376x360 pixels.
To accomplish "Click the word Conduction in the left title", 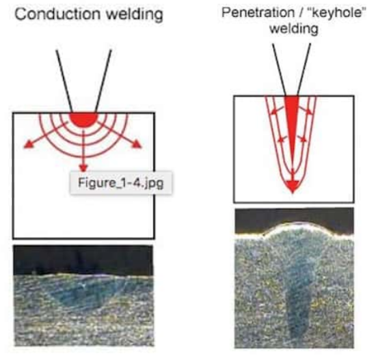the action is tap(57, 14).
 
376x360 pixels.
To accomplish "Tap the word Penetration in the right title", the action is tap(258, 12).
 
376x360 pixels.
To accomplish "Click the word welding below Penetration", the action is tap(294, 29).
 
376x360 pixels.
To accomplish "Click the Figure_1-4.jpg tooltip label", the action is tap(121, 183).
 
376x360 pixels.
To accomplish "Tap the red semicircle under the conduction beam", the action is tap(83, 120).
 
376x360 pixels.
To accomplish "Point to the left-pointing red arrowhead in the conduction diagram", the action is tap(28, 144).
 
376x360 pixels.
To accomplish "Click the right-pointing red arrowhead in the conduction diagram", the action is tap(137, 144).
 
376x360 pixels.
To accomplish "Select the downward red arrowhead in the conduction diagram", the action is tap(83, 168).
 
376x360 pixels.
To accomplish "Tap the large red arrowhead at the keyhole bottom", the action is tap(293, 186).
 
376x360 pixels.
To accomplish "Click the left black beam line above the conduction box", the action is tap(64, 81).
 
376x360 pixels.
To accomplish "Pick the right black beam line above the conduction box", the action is tap(103, 81).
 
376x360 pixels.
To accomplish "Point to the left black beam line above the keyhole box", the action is tap(279, 70).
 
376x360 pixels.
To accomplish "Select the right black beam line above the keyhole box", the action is tap(304, 70).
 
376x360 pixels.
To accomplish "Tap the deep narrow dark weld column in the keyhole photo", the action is tap(297, 309).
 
